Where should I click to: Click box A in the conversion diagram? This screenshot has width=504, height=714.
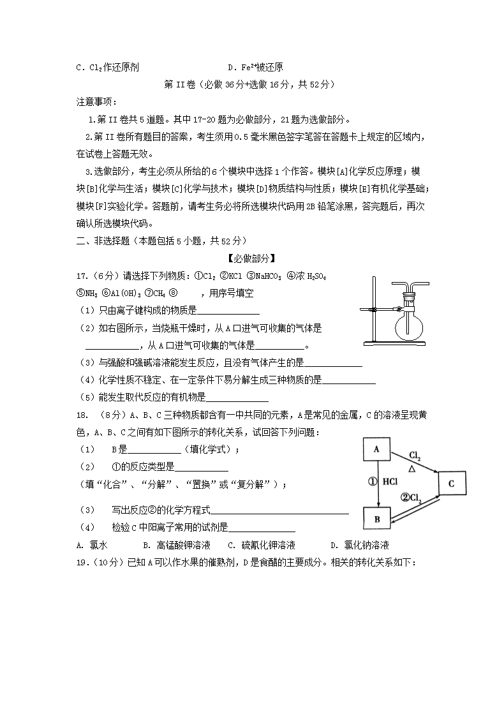coord(377,449)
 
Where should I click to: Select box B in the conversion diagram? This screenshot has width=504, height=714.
coord(377,519)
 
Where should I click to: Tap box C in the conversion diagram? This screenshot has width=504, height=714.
coord(451,484)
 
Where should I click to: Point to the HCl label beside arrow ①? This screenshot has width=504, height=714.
coord(391,482)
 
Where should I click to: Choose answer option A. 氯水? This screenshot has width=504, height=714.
coord(90,545)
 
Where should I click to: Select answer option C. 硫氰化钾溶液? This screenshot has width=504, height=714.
coord(262,545)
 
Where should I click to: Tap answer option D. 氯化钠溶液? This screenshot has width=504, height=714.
coord(359,545)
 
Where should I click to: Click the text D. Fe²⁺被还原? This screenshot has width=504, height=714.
coord(255,67)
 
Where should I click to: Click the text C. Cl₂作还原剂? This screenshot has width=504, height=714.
coord(107,67)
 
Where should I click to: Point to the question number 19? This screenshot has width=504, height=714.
coord(81,562)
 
